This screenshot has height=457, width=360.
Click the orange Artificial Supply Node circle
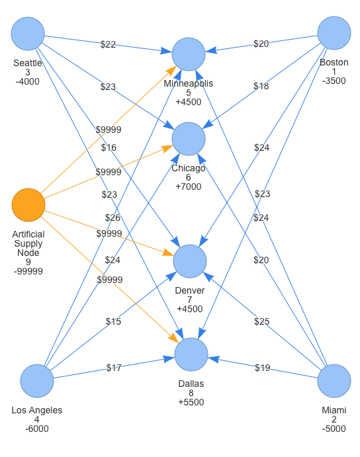click(28, 205)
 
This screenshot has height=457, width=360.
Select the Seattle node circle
click(28, 34)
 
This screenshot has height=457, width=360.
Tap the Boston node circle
click(334, 33)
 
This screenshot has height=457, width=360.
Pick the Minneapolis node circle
click(189, 54)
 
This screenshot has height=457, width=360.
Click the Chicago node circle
click(189, 139)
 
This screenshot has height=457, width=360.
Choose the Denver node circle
click(190, 261)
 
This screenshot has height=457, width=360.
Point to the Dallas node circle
click(191, 354)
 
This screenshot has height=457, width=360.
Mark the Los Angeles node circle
click(37, 381)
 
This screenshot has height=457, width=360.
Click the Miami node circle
click(334, 381)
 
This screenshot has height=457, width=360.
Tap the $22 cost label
click(108, 44)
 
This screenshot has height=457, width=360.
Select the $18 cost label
click(261, 86)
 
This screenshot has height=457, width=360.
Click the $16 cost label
click(109, 147)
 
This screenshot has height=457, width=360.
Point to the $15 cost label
click(113, 321)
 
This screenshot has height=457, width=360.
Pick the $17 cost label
click(114, 368)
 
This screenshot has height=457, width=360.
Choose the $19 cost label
click(263, 368)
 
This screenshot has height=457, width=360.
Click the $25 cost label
click(261, 321)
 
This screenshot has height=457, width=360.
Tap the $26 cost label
click(112, 218)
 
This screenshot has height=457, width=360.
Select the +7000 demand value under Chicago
click(189, 187)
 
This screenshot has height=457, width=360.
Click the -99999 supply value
click(28, 271)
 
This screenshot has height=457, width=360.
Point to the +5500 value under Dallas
click(191, 402)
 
